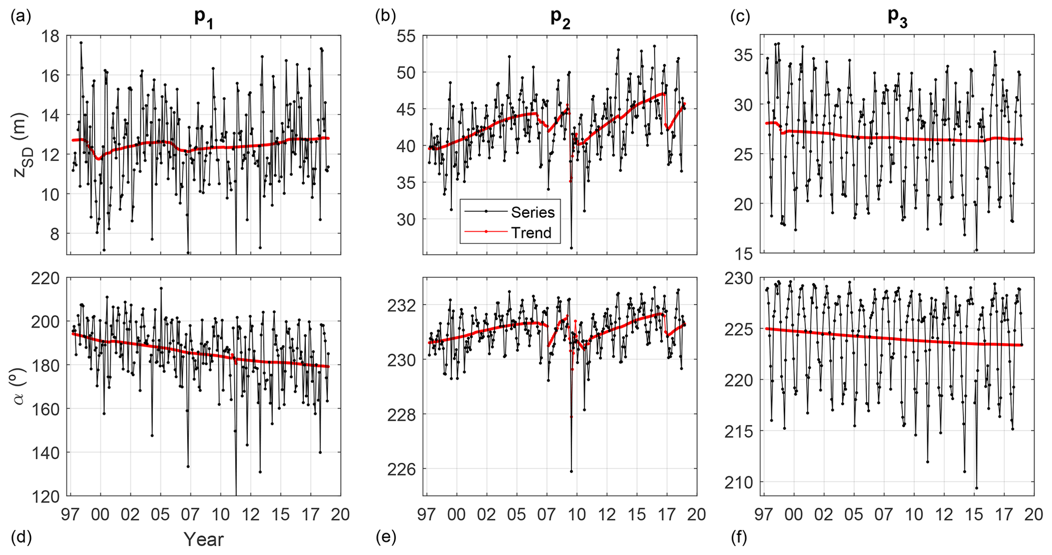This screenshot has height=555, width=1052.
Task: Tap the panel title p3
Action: [898, 18]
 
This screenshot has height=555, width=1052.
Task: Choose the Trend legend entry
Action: [531, 233]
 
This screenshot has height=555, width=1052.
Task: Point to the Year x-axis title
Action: [204, 539]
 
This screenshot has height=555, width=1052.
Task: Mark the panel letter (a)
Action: [21, 16]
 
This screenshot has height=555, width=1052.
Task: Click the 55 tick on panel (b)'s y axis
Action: [406, 36]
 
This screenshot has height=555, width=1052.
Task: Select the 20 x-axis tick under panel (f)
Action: [1034, 514]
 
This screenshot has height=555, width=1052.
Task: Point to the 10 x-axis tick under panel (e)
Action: [577, 514]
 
